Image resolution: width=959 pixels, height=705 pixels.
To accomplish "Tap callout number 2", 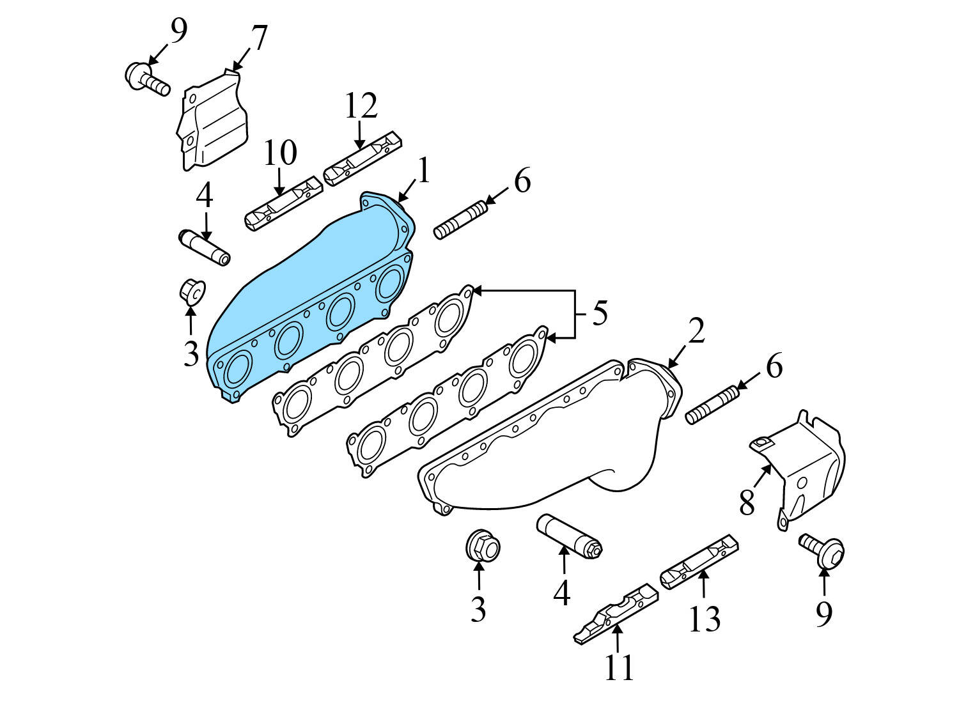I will coord(696,330).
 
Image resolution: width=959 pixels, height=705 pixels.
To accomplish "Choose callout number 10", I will coord(280,153).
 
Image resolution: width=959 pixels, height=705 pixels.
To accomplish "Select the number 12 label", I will coord(361,106).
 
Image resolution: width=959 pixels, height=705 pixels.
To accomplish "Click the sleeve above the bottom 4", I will coord(569,534).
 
